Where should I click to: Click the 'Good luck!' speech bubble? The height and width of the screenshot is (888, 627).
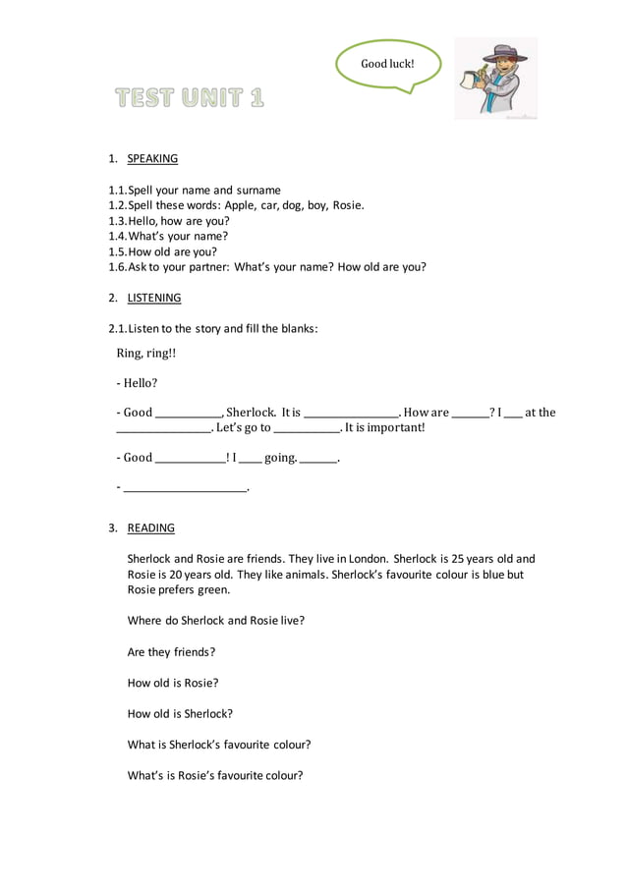(388, 64)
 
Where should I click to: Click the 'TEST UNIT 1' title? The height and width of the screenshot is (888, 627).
(190, 97)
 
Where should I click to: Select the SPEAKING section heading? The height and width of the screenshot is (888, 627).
(152, 158)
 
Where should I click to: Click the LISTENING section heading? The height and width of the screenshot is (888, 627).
(154, 298)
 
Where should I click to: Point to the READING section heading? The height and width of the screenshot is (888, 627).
(150, 527)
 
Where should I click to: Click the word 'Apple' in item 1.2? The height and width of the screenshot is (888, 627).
(240, 205)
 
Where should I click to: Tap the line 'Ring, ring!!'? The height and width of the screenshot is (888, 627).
(146, 353)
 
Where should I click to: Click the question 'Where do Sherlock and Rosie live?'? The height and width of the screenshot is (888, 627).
(216, 621)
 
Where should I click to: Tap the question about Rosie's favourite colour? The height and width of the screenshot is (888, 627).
(215, 775)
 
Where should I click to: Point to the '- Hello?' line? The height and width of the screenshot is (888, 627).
(138, 383)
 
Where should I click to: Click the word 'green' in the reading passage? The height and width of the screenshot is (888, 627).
(211, 589)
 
